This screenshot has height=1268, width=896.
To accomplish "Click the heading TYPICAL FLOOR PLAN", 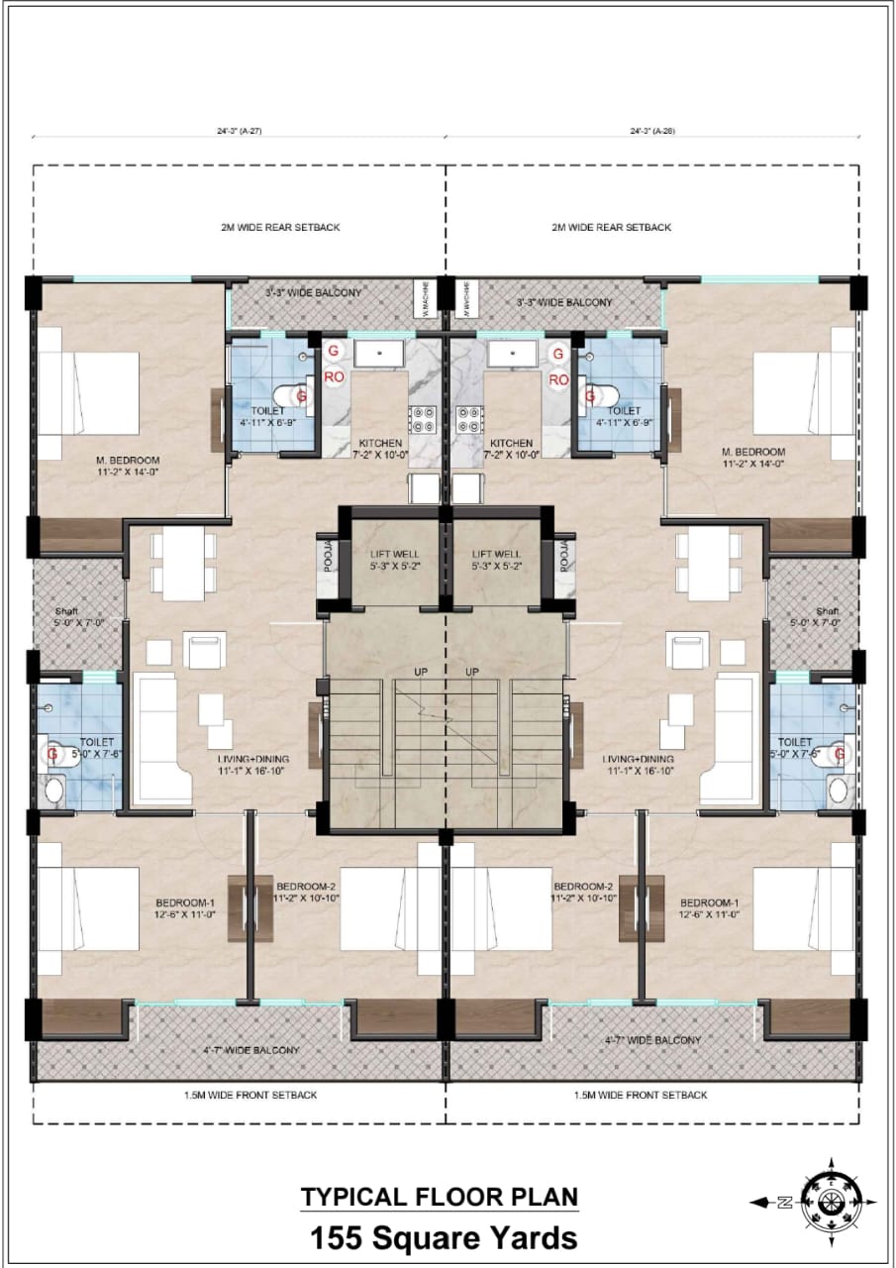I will pyautogui.click(x=440, y=1196).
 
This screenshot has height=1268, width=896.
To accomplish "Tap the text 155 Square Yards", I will pyautogui.click(x=443, y=1238).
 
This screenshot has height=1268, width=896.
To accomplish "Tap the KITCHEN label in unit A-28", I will pyautogui.click(x=512, y=443).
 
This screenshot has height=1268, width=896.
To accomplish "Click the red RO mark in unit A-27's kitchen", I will pyautogui.click(x=334, y=378).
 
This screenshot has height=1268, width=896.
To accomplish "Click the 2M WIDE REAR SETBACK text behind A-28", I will pyautogui.click(x=611, y=227).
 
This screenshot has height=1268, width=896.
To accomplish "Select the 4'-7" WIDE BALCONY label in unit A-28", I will pyautogui.click(x=652, y=1040).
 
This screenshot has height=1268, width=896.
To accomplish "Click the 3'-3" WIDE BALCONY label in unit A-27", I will pyautogui.click(x=313, y=293).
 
